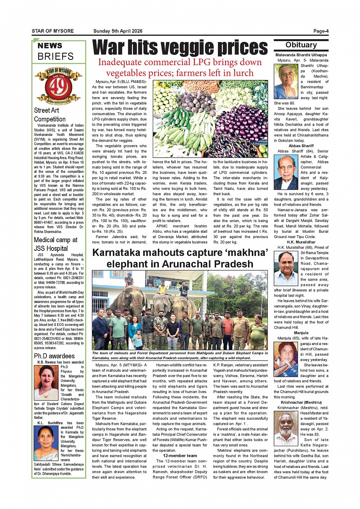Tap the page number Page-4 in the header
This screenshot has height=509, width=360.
tap(321, 31)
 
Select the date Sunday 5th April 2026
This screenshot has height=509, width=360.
tap(118, 31)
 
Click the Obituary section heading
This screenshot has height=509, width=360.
tap(301, 45)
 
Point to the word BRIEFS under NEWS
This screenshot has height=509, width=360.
tap(56, 56)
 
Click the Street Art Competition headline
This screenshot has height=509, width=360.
tap(50, 115)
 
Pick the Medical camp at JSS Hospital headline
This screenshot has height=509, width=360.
tap(56, 244)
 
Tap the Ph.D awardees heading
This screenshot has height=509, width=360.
tap(54, 356)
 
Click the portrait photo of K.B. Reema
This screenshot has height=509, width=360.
tap(46, 382)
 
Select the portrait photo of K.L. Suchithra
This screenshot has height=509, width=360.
tap(46, 442)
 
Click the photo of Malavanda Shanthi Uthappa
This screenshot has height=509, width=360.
tap(286, 81)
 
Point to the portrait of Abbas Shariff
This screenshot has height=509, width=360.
tap(286, 172)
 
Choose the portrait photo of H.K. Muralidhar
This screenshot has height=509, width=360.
tap(286, 268)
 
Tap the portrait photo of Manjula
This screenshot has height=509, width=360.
tap(286, 359)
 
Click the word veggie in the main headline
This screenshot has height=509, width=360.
tap(182, 48)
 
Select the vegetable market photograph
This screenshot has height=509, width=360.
tap(210, 119)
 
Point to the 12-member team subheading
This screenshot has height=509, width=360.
tap(180, 456)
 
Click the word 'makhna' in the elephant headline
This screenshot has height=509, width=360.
tap(246, 252)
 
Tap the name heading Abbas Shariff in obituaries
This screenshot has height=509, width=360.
tap(301, 146)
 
